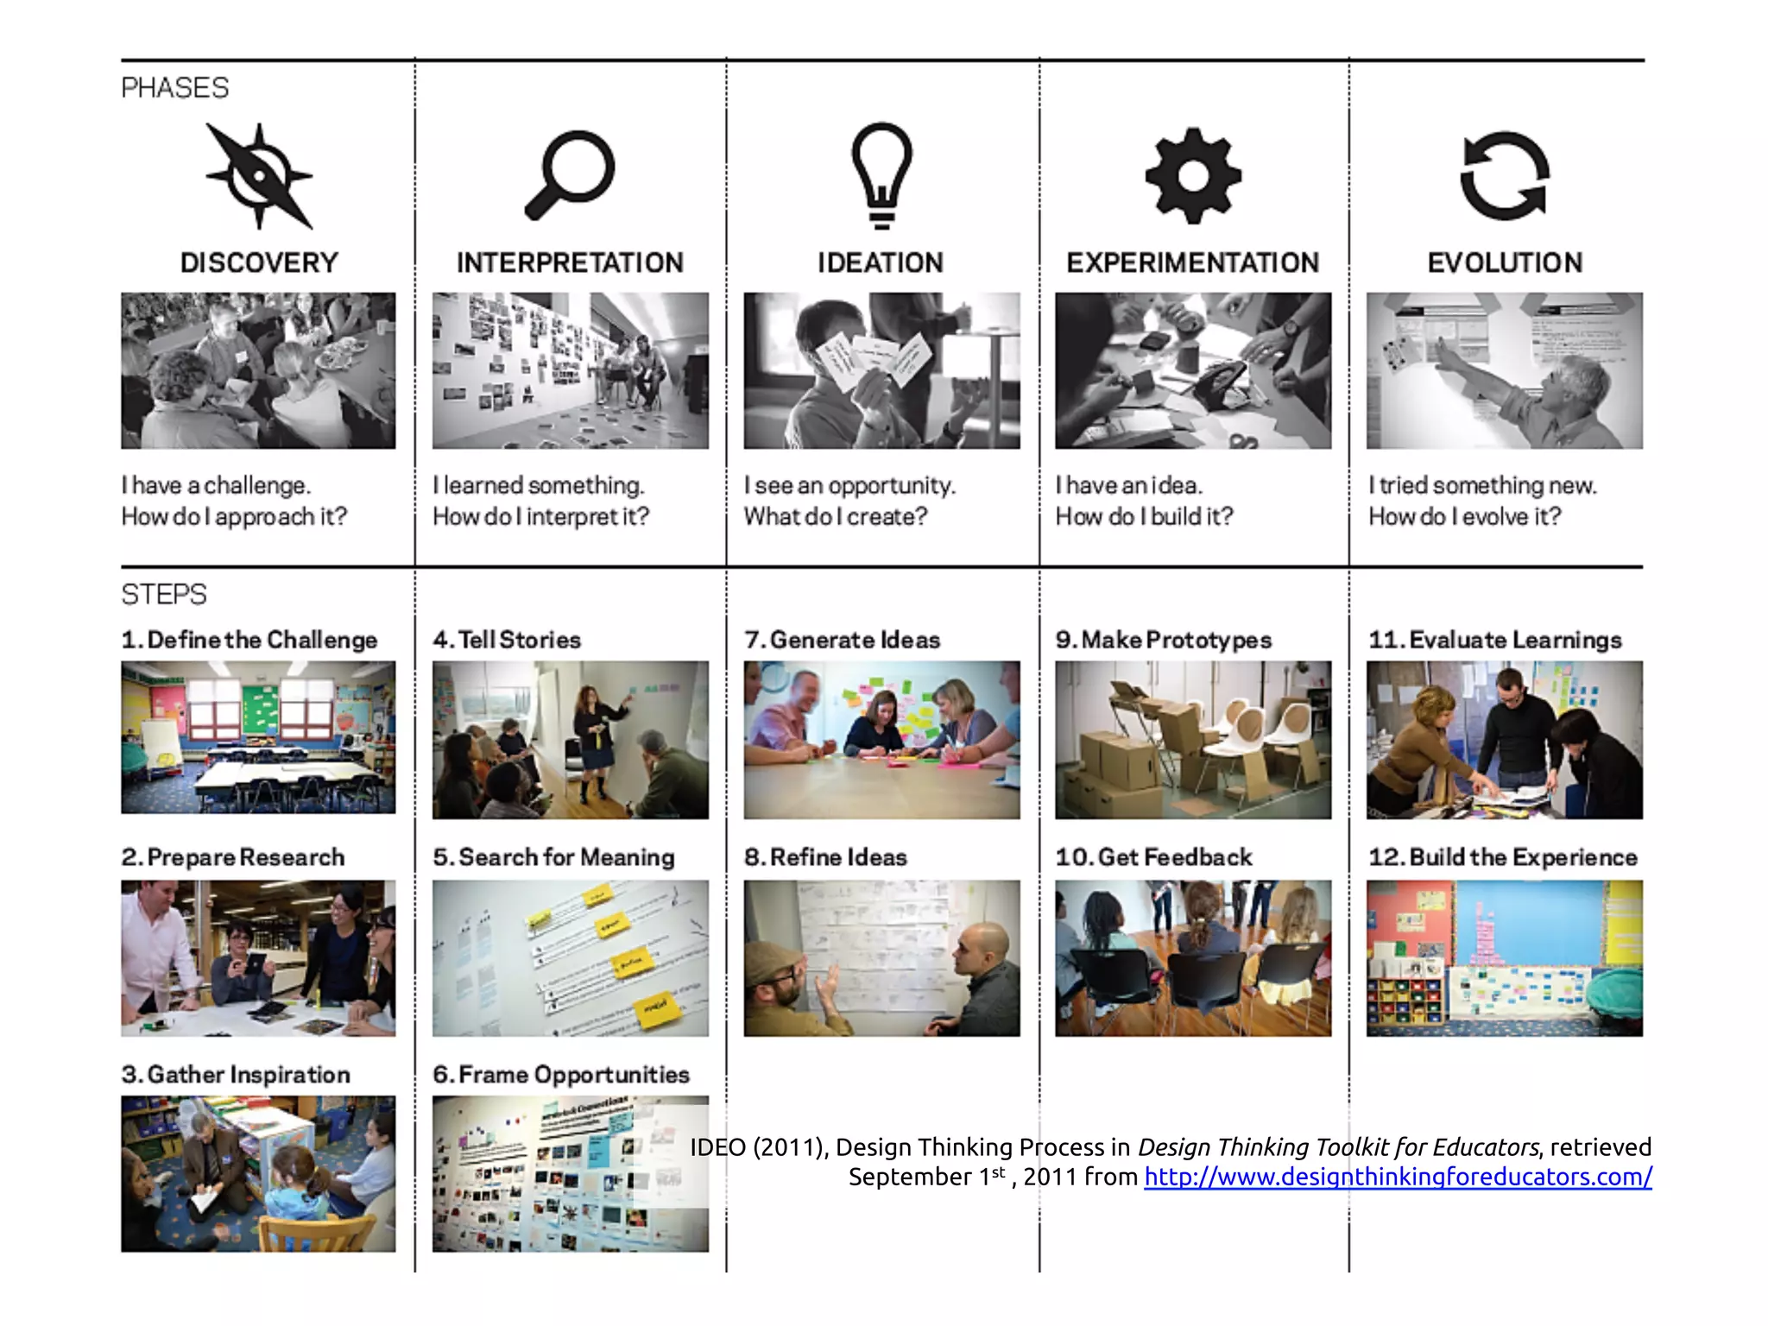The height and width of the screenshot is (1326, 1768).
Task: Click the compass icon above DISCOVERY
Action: pyautogui.click(x=259, y=176)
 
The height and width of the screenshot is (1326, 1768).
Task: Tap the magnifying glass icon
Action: pyautogui.click(x=570, y=175)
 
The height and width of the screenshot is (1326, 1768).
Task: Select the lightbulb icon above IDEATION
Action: pyautogui.click(x=881, y=175)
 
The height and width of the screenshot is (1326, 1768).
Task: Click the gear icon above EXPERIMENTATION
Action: pyautogui.click(x=1193, y=176)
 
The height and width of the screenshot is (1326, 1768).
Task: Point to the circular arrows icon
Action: pyautogui.click(x=1505, y=175)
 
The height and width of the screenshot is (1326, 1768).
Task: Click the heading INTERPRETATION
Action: pyautogui.click(x=570, y=262)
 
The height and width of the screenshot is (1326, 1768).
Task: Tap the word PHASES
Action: pyautogui.click(x=175, y=88)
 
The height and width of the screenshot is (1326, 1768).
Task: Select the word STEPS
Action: pyautogui.click(x=164, y=595)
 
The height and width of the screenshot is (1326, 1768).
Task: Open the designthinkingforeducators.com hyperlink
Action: pyautogui.click(x=1398, y=1177)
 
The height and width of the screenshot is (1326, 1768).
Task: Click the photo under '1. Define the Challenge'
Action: pyautogui.click(x=258, y=737)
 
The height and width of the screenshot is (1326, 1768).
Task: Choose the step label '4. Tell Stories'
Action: pyautogui.click(x=507, y=640)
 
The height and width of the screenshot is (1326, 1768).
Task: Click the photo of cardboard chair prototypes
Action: pyautogui.click(x=1193, y=740)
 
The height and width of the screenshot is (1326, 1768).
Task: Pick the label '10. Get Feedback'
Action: pyautogui.click(x=1153, y=857)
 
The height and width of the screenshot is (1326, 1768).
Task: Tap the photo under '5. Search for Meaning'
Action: pyautogui.click(x=571, y=958)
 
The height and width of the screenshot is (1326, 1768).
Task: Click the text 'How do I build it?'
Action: pyautogui.click(x=1145, y=516)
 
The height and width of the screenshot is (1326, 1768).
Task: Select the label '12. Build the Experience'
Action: pyautogui.click(x=1503, y=857)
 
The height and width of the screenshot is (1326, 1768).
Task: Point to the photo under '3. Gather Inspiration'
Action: pyautogui.click(x=258, y=1174)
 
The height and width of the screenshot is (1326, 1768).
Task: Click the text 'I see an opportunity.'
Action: pyautogui.click(x=849, y=486)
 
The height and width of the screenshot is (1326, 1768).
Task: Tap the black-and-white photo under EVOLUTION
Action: pyautogui.click(x=1505, y=370)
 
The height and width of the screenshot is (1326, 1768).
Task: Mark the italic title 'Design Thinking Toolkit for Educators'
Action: pyautogui.click(x=1338, y=1147)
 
